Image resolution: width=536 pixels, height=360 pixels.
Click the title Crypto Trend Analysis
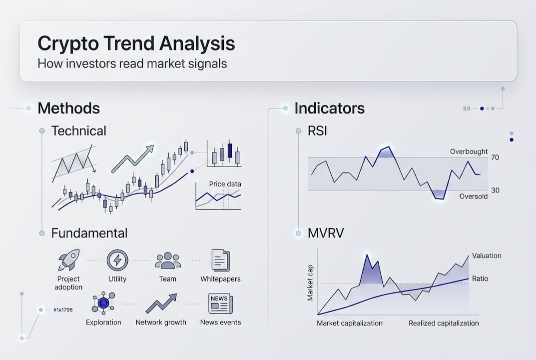[x=136, y=43]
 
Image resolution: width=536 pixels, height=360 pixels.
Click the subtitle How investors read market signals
[x=132, y=64]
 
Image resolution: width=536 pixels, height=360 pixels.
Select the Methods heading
[x=68, y=108]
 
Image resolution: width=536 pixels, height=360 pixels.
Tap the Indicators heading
[x=329, y=108]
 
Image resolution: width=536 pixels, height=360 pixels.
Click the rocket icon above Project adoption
[x=68, y=260]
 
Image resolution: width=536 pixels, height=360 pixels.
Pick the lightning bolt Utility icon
[x=117, y=260]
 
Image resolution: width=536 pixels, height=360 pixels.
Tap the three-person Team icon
[x=167, y=260]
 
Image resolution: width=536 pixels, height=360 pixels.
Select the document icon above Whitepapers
[x=220, y=260]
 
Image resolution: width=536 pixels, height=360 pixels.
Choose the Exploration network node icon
[x=103, y=303]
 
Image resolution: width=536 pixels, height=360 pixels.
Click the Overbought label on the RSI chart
[x=469, y=151]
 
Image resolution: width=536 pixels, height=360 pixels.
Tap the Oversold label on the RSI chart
[x=473, y=196]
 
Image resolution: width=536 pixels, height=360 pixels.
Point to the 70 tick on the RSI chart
[x=495, y=157]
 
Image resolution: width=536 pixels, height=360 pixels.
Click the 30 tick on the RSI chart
[x=495, y=190]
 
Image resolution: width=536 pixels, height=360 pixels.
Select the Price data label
[x=225, y=184]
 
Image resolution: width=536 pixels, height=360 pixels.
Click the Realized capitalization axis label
[x=444, y=323]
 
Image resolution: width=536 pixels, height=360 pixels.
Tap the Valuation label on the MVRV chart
[x=486, y=255]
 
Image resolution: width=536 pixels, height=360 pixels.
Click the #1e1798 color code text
[x=62, y=310]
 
